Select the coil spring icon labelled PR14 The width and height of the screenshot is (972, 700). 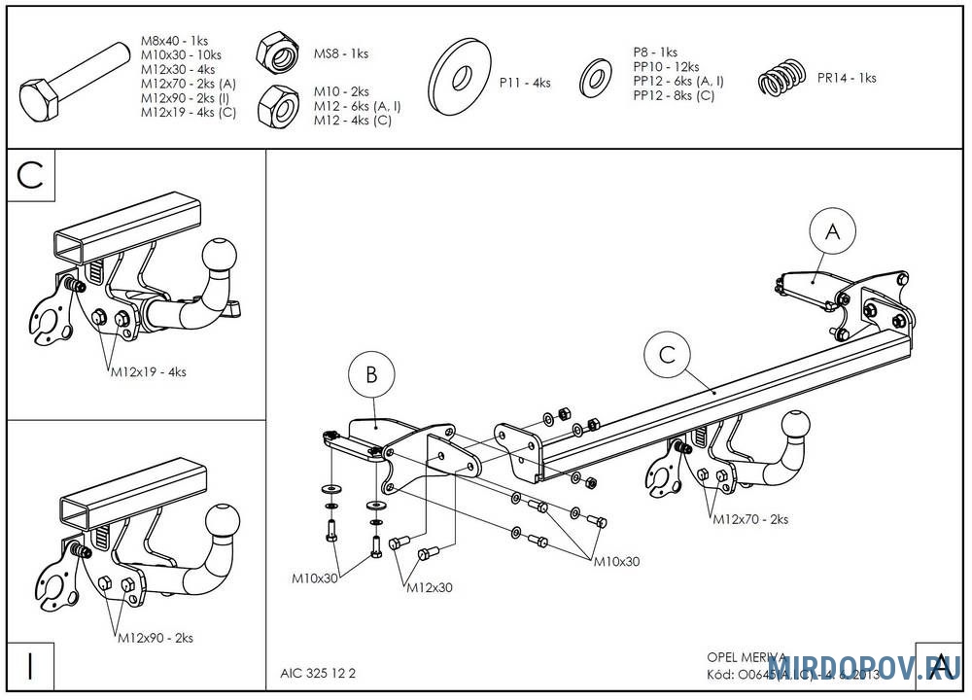[782, 78]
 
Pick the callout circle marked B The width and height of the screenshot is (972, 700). [371, 373]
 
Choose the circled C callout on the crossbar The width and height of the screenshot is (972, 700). [667, 355]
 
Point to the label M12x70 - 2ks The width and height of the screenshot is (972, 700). [749, 519]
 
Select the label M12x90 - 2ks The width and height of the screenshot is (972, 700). [156, 638]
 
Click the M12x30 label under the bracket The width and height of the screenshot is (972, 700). [429, 587]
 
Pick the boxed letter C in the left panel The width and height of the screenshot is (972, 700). [31, 176]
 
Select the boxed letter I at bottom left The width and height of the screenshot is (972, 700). [30, 668]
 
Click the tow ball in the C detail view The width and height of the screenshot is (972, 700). [219, 256]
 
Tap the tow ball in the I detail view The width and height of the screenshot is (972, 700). [225, 519]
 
